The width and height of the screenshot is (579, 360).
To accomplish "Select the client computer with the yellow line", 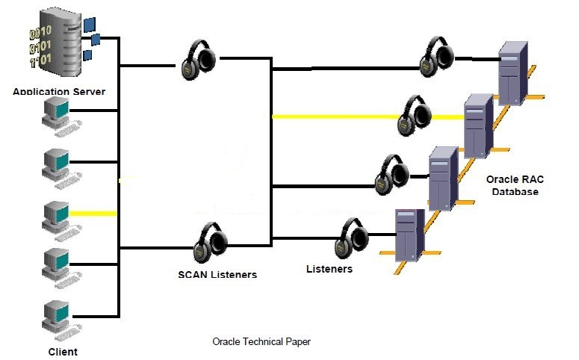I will pos(58,216).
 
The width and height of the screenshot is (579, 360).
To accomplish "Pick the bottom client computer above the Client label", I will pos(58,317).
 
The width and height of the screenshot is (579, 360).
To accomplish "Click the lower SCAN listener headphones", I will pos(210,243).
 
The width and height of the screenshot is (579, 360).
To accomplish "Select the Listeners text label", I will pos(329,267).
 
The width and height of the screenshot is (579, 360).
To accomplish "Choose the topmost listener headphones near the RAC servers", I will pos(437,56).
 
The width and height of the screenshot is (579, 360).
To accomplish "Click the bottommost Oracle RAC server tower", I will pos(408,233).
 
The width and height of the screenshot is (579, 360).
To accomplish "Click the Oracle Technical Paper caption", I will pos(261,342).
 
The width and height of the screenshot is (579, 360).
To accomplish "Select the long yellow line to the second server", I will pos(336,117).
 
